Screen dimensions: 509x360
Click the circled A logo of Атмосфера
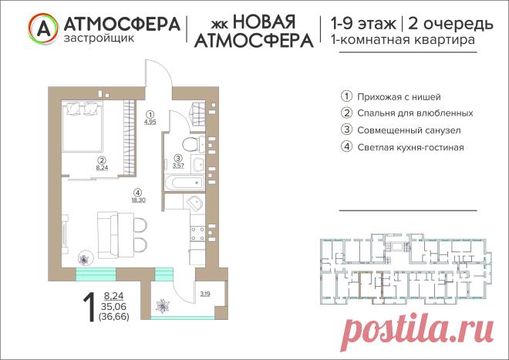click(43, 29)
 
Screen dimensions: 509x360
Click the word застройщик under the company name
click(99, 39)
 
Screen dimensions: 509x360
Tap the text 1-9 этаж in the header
click(363, 24)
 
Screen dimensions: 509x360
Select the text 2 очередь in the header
click(450, 24)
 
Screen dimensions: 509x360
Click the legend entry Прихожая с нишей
click(399, 96)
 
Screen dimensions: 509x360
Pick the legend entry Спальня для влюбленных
click(415, 113)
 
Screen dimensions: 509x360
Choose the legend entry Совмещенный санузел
click(409, 130)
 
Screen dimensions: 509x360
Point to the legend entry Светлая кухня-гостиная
click(410, 147)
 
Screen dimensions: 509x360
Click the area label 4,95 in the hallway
click(150, 122)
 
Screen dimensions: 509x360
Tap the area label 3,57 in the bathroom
click(178, 166)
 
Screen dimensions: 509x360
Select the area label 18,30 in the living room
click(138, 200)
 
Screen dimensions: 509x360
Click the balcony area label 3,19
click(205, 294)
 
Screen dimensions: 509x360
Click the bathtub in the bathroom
click(185, 183)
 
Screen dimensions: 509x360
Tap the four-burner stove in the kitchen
click(197, 234)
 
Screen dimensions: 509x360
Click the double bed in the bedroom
click(83, 126)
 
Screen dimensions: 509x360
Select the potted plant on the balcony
click(162, 306)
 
